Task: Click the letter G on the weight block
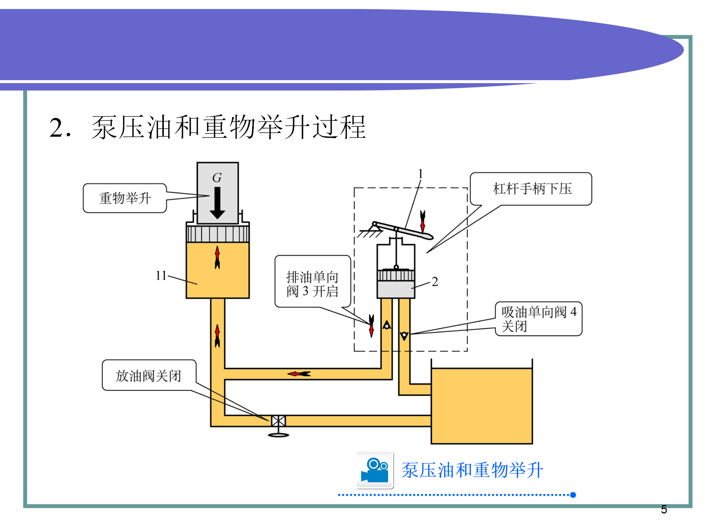217,178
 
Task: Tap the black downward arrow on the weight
217,203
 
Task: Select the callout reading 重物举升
125,198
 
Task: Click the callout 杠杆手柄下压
531,189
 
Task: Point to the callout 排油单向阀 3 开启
312,284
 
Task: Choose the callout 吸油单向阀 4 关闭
538,319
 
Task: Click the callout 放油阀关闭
149,376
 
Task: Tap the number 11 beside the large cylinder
161,275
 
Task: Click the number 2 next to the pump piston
435,282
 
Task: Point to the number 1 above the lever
420,174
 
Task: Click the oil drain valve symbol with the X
278,421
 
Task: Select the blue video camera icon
375,470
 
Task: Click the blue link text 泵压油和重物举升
472,470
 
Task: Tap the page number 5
664,509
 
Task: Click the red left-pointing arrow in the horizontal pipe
299,374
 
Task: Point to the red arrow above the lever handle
423,221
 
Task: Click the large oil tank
481,406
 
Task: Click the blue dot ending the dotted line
573,495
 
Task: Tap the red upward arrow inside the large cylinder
217,257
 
